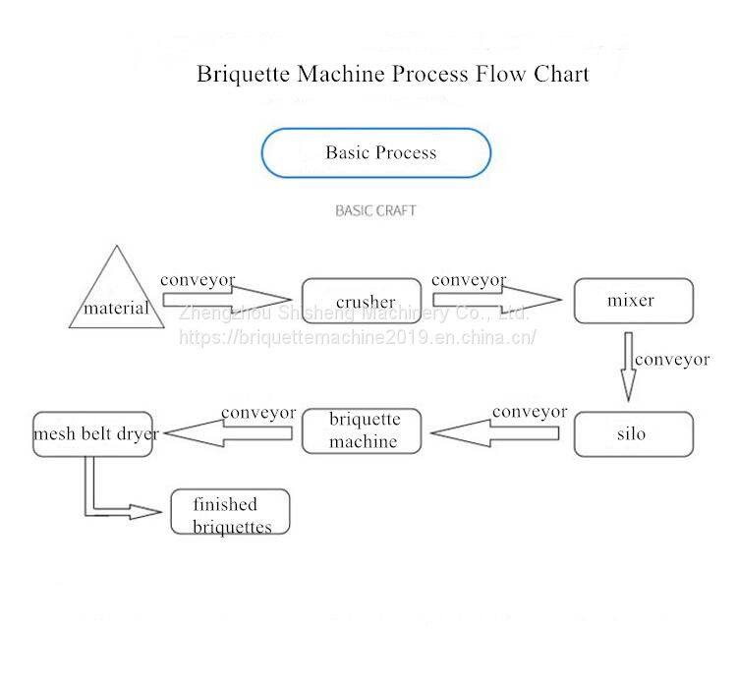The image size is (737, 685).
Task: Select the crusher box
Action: point(362,301)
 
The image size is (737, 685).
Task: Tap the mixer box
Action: point(633,301)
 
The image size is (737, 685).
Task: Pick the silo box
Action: point(633,433)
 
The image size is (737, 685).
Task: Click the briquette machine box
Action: point(362,431)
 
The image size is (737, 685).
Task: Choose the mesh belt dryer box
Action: point(93,433)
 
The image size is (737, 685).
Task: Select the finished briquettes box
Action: point(230,512)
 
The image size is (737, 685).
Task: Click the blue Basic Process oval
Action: point(375,153)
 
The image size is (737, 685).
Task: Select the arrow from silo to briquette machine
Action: point(495,431)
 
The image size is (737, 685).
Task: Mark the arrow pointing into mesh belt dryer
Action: point(226,431)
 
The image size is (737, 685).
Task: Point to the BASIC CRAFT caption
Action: point(375,210)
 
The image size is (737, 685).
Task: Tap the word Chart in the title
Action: point(561,75)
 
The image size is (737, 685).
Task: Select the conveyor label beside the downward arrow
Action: point(672,360)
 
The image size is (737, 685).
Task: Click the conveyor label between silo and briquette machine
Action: point(530,412)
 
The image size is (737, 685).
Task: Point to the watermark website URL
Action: point(358,337)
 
